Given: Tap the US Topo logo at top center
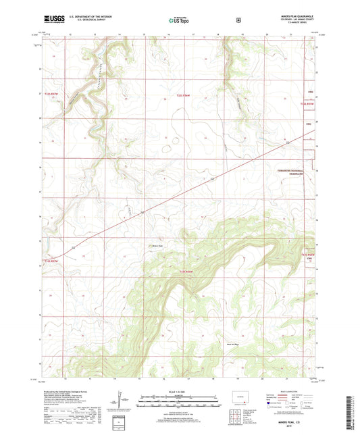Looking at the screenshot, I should pyautogui.click(x=180, y=21).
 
